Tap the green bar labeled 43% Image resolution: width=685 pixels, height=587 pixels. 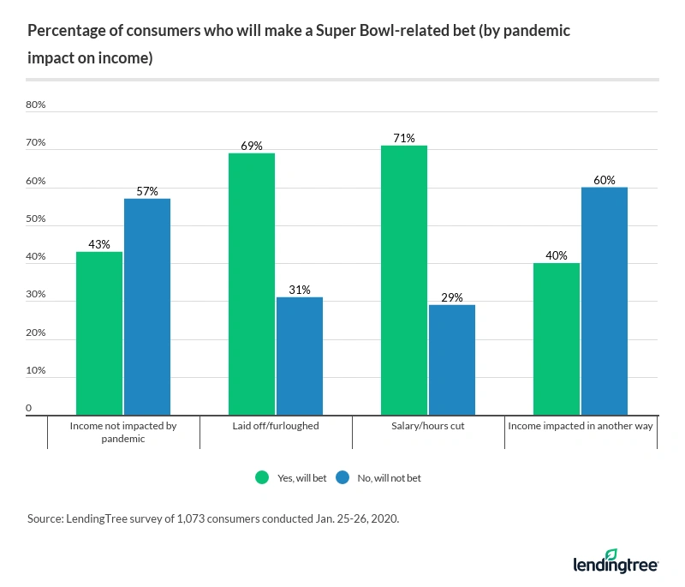(x=99, y=333)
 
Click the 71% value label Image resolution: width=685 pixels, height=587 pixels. (x=404, y=138)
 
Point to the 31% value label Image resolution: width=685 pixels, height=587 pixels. (x=300, y=290)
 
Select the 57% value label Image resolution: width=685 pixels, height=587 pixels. (x=147, y=191)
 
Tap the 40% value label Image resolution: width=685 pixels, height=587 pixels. (x=557, y=255)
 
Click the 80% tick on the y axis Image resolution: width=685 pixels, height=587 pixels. (x=36, y=105)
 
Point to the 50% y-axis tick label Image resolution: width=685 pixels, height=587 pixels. (x=36, y=219)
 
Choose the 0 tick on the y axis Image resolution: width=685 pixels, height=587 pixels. (x=29, y=409)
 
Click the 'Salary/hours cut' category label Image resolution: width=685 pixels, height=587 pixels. (x=428, y=426)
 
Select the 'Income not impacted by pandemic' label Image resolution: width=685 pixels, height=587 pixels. (x=123, y=432)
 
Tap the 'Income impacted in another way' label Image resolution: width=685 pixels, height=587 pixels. (x=581, y=426)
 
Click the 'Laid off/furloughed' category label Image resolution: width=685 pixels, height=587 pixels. (x=276, y=426)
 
